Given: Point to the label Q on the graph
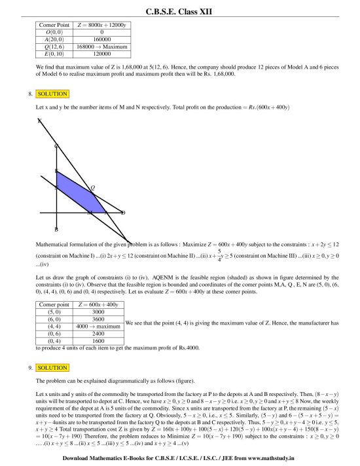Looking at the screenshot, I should pos(93,188).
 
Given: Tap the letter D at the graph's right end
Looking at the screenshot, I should pos(123,213).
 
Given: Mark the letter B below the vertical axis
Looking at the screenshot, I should pos(56,229).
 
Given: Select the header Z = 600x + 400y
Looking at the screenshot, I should pos(98,305).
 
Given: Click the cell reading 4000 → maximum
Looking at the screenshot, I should pos(98,326).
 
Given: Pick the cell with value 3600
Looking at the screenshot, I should pos(98,319).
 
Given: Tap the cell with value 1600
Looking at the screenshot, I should pos(98,340).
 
